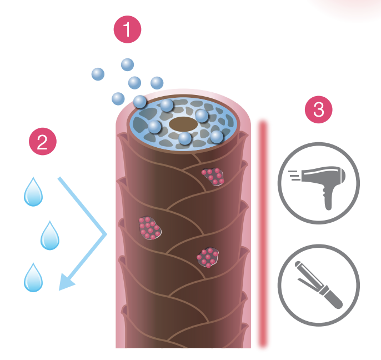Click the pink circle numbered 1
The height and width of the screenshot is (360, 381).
pyautogui.click(x=128, y=29)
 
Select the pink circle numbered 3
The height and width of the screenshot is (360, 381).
pyautogui.click(x=319, y=109)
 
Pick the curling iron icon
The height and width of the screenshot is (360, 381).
pyautogui.click(x=318, y=285)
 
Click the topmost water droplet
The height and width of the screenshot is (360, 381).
pyautogui.click(x=33, y=192)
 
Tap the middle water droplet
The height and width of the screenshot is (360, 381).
pyautogui.click(x=50, y=236)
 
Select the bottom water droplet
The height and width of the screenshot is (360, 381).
pyautogui.click(x=33, y=278)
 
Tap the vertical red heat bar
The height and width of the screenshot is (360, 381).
pyautogui.click(x=263, y=233)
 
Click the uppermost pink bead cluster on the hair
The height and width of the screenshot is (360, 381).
pyautogui.click(x=213, y=177)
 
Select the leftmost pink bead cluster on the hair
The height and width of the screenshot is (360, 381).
pyautogui.click(x=149, y=228)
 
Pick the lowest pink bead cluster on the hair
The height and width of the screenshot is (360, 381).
pyautogui.click(x=208, y=257)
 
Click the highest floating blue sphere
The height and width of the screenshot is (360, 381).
pyautogui.click(x=128, y=64)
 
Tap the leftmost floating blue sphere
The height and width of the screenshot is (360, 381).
pyautogui.click(x=98, y=73)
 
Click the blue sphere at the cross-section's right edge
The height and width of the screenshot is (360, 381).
pyautogui.click(x=217, y=136)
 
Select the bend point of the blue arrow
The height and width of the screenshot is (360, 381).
pyautogui.click(x=105, y=236)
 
